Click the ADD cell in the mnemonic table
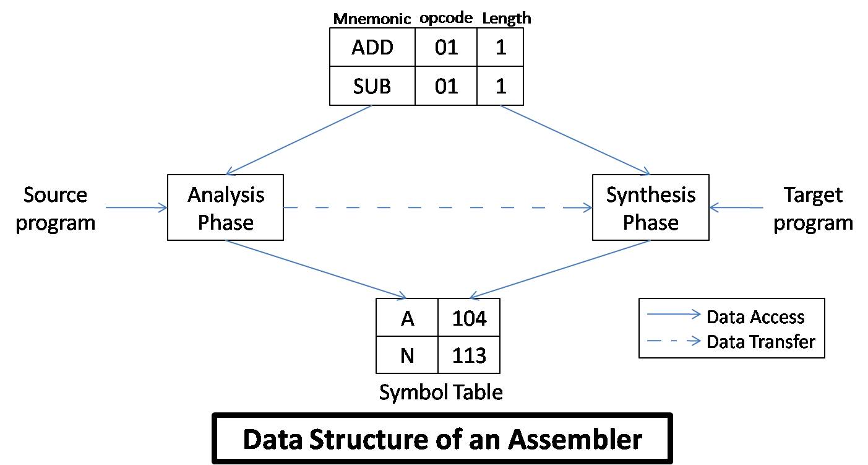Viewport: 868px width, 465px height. click(372, 48)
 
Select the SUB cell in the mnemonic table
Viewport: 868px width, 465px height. click(372, 85)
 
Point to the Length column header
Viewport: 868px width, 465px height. click(506, 18)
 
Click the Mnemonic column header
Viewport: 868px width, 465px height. click(372, 19)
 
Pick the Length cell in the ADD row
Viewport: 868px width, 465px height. click(500, 48)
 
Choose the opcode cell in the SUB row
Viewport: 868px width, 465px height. click(446, 85)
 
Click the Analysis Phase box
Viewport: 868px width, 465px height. click(225, 207)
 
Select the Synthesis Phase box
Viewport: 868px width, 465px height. click(650, 207)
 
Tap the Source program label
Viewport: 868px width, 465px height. click(56, 208)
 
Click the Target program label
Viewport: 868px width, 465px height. click(813, 208)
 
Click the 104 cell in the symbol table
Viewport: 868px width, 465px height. click(469, 318)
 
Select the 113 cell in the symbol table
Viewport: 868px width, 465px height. click(469, 355)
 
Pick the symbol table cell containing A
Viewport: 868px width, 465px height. click(407, 318)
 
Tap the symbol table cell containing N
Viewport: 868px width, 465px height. click(407, 355)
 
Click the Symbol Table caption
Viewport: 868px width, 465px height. click(440, 392)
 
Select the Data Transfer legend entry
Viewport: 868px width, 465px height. click(760, 341)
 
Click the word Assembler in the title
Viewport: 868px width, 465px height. click(575, 439)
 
